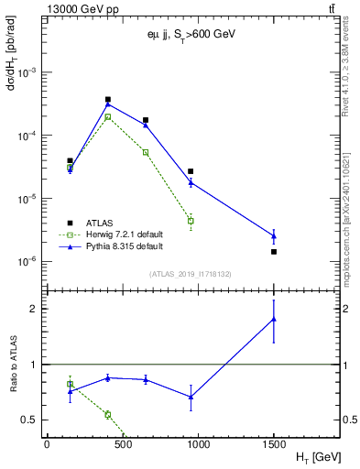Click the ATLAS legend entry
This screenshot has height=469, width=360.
(100, 222)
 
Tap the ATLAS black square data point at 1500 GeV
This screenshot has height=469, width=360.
(274, 251)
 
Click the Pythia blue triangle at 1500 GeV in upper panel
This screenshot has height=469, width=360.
(274, 235)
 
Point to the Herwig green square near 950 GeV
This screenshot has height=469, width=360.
(191, 221)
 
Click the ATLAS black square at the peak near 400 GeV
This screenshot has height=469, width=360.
(108, 99)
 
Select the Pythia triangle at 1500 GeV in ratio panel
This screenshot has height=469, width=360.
(274, 319)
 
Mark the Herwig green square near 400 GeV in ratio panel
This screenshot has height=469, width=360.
(108, 414)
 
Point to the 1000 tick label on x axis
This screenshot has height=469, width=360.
(198, 443)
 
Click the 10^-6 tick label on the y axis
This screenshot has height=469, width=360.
(30, 262)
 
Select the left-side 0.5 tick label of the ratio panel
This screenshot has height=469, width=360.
(33, 420)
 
